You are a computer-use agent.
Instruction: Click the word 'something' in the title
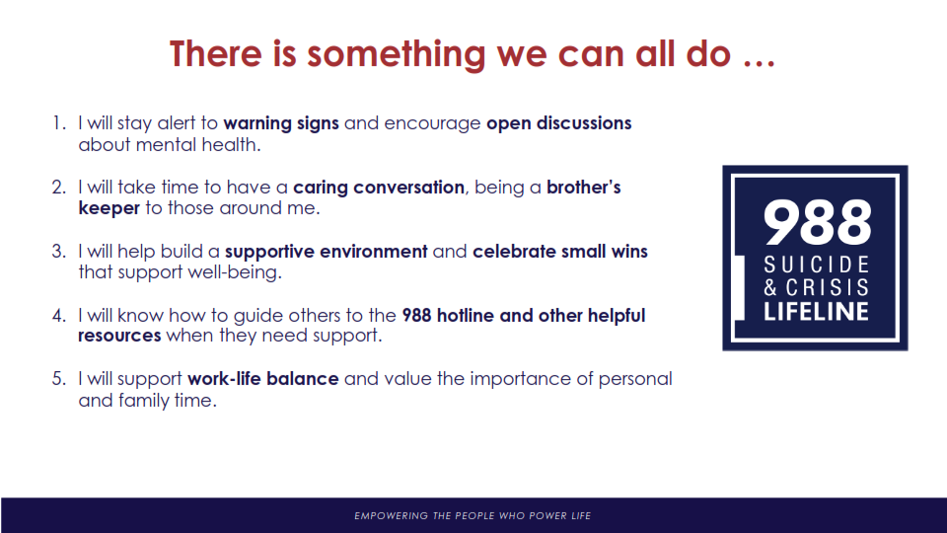pyautogui.click(x=397, y=54)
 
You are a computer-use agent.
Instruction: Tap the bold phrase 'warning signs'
pyautogui.click(x=281, y=124)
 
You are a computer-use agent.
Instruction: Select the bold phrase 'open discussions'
pyautogui.click(x=558, y=124)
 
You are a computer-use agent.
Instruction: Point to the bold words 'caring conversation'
pyautogui.click(x=379, y=188)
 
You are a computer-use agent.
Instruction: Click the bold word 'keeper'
pyautogui.click(x=109, y=208)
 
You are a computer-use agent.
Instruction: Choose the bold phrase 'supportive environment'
pyautogui.click(x=327, y=252)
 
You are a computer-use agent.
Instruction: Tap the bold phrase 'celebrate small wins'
pyautogui.click(x=560, y=251)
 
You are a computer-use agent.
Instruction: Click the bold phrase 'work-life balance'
pyautogui.click(x=262, y=379)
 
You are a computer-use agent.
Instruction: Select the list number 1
pyautogui.click(x=58, y=123)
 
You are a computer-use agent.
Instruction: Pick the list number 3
pyautogui.click(x=58, y=252)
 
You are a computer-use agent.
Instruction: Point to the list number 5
pyautogui.click(x=58, y=379)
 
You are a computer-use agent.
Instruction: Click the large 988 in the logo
pyautogui.click(x=817, y=222)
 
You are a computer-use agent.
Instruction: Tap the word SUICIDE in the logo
pyautogui.click(x=817, y=265)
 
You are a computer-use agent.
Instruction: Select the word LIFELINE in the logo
pyautogui.click(x=816, y=311)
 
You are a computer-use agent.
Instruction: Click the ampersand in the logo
pyautogui.click(x=770, y=287)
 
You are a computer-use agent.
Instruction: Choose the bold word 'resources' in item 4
pyautogui.click(x=119, y=336)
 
